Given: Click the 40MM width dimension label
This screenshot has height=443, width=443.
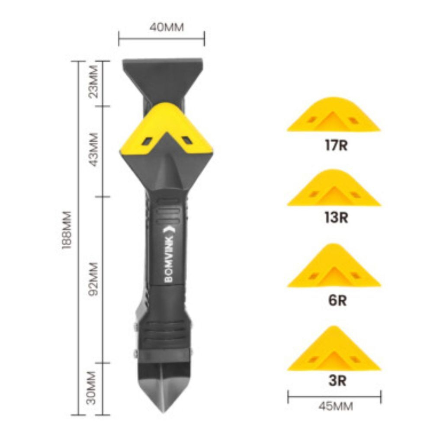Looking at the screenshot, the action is pyautogui.click(x=167, y=27).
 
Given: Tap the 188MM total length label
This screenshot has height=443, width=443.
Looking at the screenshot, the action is pyautogui.click(x=67, y=230).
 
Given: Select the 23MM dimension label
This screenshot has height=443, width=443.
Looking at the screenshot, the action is pyautogui.click(x=93, y=82).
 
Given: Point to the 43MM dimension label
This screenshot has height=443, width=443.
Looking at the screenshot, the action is pyautogui.click(x=93, y=150).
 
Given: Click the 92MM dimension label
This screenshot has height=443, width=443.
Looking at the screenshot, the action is pyautogui.click(x=93, y=279).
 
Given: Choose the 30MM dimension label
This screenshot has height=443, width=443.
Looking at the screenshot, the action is pyautogui.click(x=92, y=388).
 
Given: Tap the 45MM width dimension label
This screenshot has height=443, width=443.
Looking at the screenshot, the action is pyautogui.click(x=336, y=407).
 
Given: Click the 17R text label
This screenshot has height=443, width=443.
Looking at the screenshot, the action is pyautogui.click(x=336, y=145).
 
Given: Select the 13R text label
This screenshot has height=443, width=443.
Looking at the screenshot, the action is pyautogui.click(x=336, y=218).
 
